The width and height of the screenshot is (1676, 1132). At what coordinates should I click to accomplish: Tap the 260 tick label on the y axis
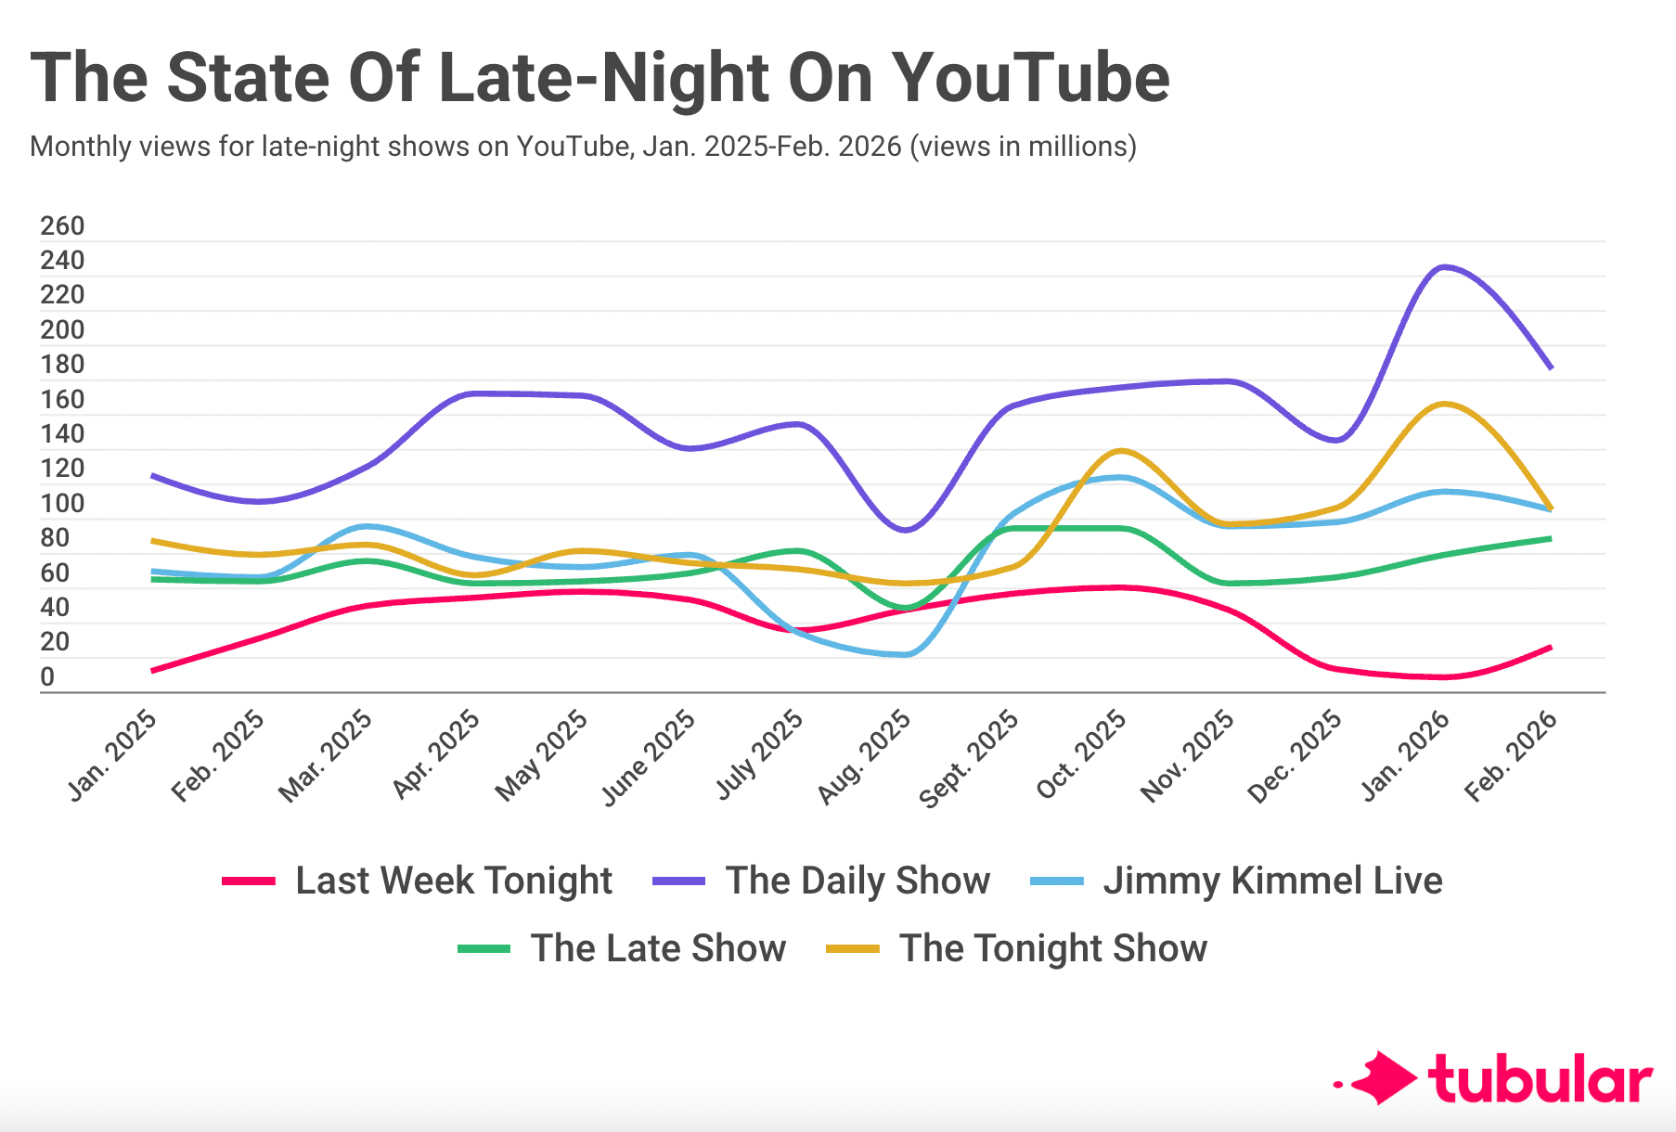(x=62, y=226)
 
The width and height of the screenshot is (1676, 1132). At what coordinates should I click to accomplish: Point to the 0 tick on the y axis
(x=47, y=677)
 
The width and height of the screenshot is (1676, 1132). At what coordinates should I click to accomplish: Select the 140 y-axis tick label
(x=62, y=434)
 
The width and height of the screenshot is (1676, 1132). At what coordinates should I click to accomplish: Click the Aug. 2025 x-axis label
(x=866, y=756)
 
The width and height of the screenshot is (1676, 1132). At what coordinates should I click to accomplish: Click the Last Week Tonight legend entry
(x=453, y=881)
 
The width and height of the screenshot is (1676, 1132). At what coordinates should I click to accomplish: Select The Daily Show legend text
(x=857, y=881)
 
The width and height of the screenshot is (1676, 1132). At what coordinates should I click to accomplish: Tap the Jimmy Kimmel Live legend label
(x=1272, y=881)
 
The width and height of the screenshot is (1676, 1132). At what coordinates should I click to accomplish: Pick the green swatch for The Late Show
(x=484, y=949)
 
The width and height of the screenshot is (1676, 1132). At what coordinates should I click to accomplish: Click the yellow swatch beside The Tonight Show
(x=853, y=949)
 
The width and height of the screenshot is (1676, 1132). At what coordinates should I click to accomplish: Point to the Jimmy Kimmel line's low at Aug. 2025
(x=905, y=655)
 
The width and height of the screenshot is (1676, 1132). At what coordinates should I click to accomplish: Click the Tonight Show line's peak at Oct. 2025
(x=1121, y=451)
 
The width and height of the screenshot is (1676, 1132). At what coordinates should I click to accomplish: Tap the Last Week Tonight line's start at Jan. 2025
(x=152, y=670)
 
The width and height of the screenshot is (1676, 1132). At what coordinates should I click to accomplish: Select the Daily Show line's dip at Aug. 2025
(x=905, y=531)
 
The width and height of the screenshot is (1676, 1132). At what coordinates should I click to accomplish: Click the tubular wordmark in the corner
(x=1541, y=1079)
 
